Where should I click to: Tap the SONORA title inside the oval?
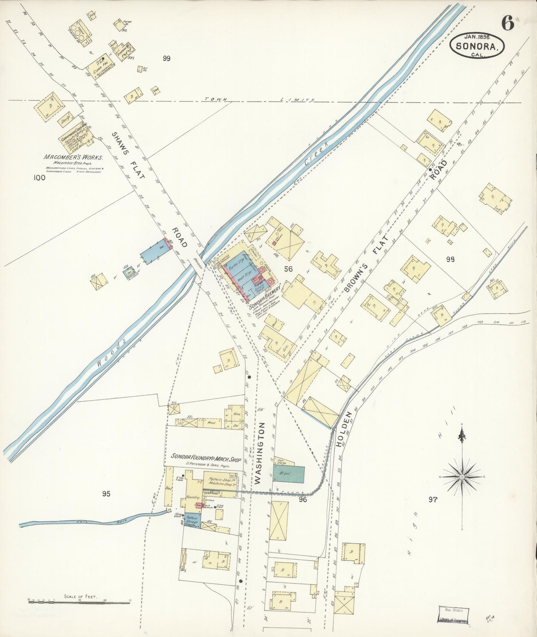(477, 46)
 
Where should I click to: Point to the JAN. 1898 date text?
(478, 36)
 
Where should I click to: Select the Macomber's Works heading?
(73, 157)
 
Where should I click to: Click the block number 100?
(39, 178)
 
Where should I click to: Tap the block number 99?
(166, 58)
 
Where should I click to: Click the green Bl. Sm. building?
(289, 474)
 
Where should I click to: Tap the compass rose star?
(462, 477)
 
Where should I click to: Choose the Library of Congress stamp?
(453, 615)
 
